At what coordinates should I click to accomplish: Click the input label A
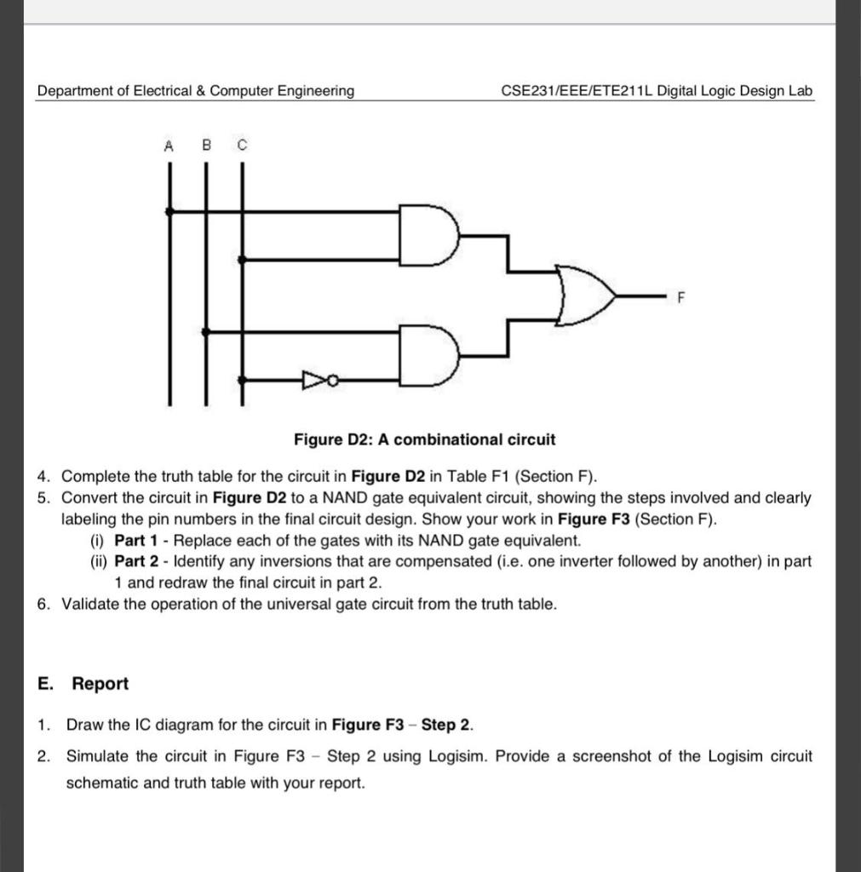(169, 146)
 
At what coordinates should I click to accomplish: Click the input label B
(205, 146)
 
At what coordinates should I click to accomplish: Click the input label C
(242, 146)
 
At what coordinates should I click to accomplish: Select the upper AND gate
(428, 233)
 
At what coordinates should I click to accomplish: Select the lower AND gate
(428, 355)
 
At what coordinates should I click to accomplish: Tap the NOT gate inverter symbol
(313, 380)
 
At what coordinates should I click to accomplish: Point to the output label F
(680, 297)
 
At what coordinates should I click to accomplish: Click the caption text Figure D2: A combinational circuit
(424, 440)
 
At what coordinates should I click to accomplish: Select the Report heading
(100, 684)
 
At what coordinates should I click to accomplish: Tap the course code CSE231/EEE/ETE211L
(578, 91)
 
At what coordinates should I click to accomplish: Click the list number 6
(43, 605)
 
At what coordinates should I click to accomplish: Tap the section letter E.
(43, 684)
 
